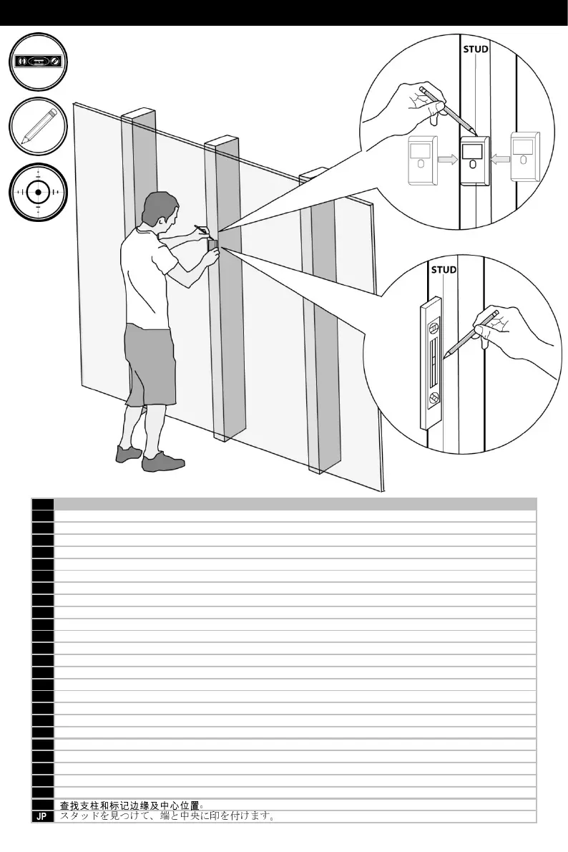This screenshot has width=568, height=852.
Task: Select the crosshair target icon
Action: (40, 192)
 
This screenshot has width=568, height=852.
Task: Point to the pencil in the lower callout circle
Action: (471, 334)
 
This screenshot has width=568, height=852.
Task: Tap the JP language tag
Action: (43, 816)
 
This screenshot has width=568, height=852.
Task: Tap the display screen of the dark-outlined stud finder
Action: (471, 150)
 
